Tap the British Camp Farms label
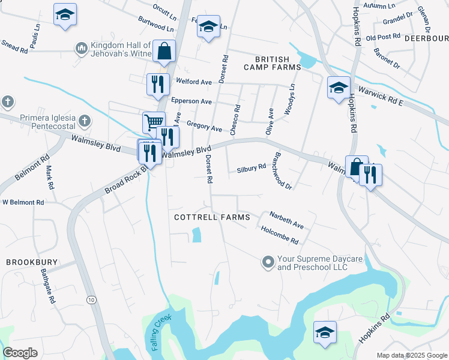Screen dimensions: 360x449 272,64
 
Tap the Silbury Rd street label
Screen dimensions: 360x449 251,169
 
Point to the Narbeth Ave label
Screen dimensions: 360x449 286,218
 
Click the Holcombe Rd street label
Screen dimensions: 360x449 279,234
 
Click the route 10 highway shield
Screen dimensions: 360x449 91,299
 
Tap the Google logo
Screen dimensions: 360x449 20,352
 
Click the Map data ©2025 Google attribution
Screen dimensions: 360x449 411,355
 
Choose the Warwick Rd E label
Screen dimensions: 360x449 381,96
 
